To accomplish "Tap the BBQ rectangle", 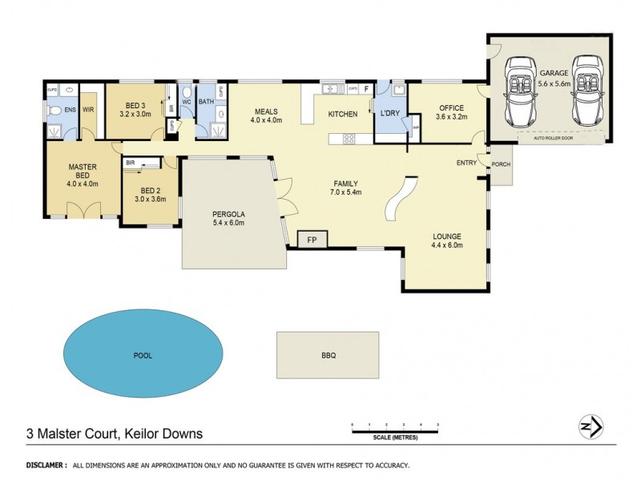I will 328,354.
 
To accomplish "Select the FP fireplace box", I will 311,239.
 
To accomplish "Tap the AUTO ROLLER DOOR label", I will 553,137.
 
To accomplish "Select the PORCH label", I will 501,164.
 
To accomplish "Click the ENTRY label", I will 466,163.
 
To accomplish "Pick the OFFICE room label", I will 451,108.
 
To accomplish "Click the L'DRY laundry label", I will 390,113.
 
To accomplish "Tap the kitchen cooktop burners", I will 349,139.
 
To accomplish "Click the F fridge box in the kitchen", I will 367,88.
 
